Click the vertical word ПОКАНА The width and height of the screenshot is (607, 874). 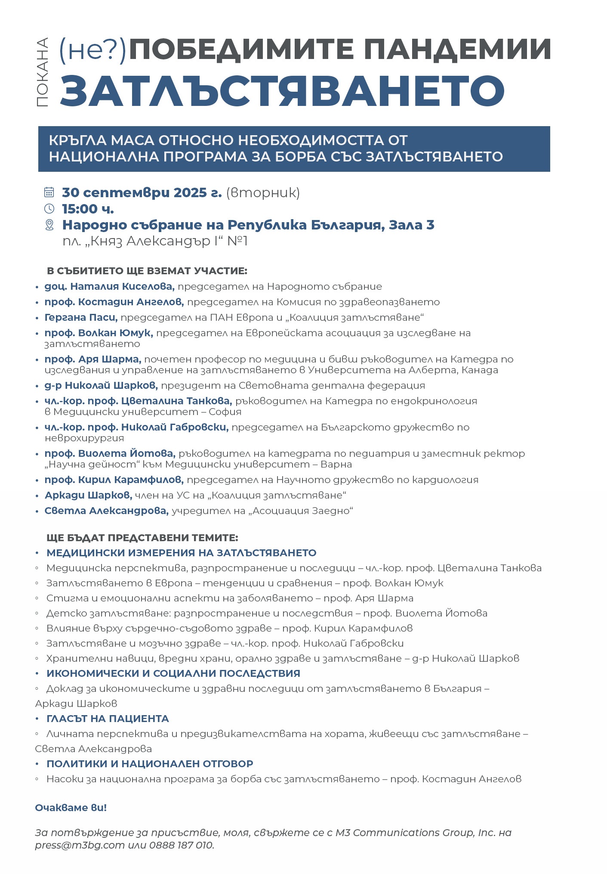pos(42,72)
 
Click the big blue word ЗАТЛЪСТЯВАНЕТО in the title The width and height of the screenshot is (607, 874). pos(282,91)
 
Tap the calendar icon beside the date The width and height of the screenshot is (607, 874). pos(49,192)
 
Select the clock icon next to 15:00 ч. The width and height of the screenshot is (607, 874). pos(49,209)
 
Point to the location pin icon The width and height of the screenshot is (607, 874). pos(49,225)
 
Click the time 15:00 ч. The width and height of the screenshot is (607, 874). pos(88,209)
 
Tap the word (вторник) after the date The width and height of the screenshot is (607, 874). pos(263,193)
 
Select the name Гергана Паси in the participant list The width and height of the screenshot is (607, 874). pos(80,318)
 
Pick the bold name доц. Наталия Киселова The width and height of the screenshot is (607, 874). pos(109,287)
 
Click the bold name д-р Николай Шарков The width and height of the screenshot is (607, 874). pos(101,386)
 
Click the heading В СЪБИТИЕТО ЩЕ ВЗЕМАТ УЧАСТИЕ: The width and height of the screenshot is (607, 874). pos(147,271)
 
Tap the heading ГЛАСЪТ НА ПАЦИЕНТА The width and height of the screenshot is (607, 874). pos(108,719)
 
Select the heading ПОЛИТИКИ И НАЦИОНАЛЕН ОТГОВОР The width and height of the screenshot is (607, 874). pos(150,764)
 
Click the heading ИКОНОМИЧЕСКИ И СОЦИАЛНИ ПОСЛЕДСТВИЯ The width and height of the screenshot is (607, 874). pos(173,673)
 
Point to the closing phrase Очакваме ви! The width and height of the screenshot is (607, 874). pos(71,808)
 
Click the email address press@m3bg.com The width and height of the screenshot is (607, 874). pos(80,845)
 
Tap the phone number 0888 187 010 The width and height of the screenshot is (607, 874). pos(181,845)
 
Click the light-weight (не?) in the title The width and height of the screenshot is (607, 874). pos(92,50)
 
